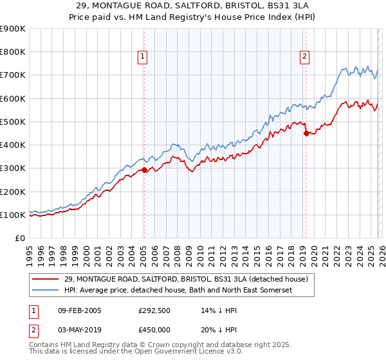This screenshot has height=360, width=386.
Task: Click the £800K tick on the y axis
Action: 13,52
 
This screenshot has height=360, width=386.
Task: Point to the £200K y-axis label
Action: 13,192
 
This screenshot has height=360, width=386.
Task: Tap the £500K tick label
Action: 13,122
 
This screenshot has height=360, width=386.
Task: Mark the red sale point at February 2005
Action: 144,170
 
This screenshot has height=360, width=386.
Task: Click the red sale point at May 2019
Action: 306,133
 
